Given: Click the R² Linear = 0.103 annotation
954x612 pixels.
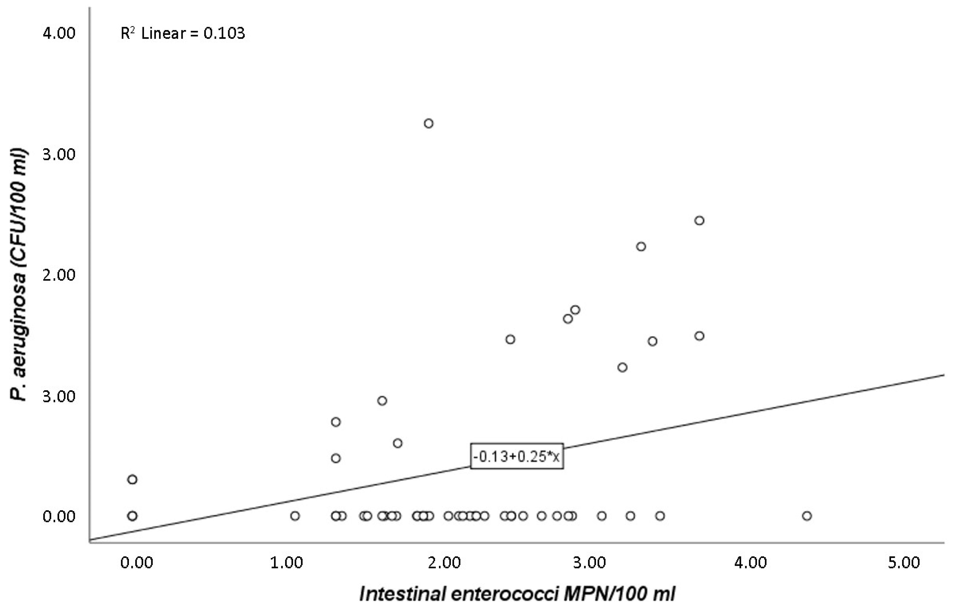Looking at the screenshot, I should (x=183, y=33).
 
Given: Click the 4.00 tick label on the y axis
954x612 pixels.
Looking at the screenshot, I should (x=59, y=33).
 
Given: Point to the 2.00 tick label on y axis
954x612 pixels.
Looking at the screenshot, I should (x=59, y=275).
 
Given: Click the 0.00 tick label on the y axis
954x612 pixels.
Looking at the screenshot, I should (x=59, y=516).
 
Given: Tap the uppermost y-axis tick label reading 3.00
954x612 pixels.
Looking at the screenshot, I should (x=59, y=154).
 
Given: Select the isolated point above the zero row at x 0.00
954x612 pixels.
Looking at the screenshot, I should (x=132, y=479).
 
